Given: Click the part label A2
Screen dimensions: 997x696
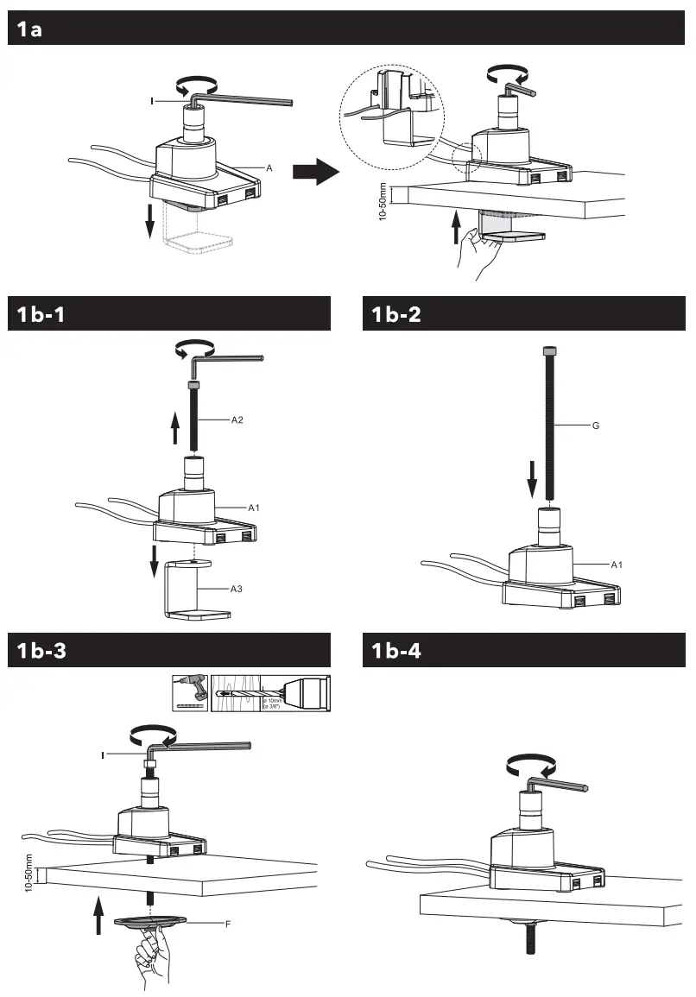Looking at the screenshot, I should pos(237,420).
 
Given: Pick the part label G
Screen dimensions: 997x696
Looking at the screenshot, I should pos(595,426).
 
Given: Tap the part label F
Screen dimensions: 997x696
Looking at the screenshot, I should pos(227,924).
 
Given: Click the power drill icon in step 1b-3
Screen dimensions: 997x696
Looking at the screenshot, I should pos(189,692).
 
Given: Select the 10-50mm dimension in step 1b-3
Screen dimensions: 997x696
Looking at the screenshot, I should pos(28,874).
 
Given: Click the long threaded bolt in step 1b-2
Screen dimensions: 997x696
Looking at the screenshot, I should pos(549,423).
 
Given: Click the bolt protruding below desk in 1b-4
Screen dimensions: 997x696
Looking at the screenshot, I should pos(527,936).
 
